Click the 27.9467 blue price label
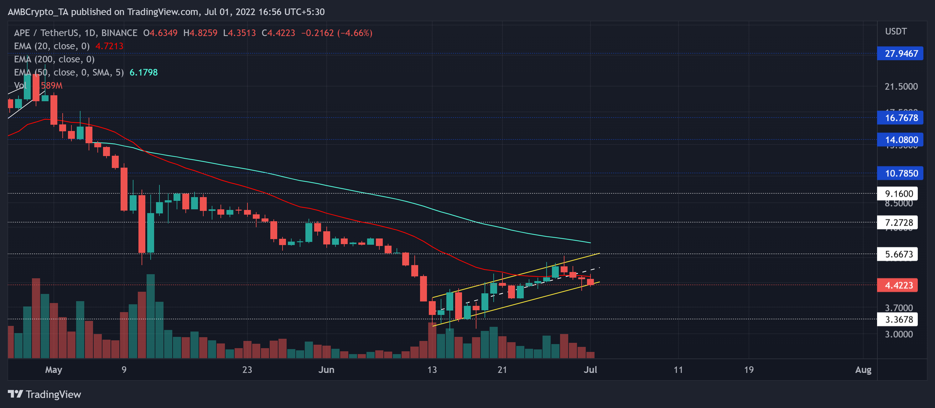[901, 53]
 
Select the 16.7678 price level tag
[901, 118]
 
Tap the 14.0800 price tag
[901, 140]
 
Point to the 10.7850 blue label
[901, 173]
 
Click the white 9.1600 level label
[898, 193]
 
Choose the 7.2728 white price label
[898, 222]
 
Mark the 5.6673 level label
[898, 254]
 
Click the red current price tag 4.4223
[898, 285]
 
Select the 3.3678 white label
[898, 319]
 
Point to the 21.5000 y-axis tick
[901, 86]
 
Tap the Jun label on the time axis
[326, 370]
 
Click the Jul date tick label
[590, 370]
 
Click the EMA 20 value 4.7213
[109, 46]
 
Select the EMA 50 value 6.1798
[143, 72]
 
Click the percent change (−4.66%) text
[355, 33]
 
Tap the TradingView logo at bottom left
[44, 394]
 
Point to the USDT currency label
[896, 32]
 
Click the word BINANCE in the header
[119, 33]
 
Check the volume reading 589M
[52, 86]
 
